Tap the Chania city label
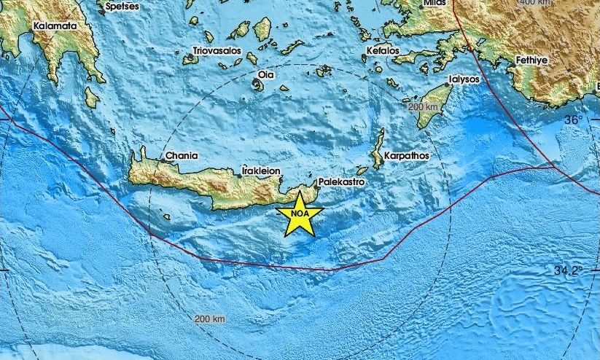[180, 155]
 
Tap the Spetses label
[122, 6]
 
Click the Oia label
[266, 75]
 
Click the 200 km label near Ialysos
[424, 107]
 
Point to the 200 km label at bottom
[210, 319]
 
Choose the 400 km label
[537, 3]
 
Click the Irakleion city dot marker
[239, 175]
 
